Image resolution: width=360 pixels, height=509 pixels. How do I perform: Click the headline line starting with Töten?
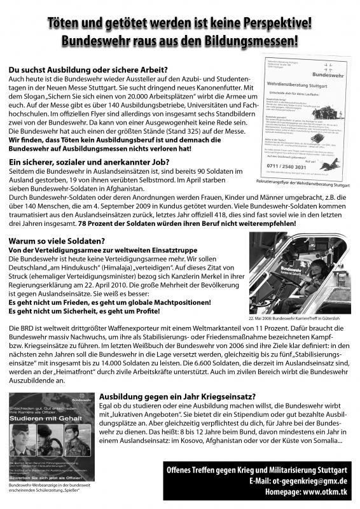point(180,24)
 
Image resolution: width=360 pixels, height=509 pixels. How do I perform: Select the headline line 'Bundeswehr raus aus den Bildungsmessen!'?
point(180,41)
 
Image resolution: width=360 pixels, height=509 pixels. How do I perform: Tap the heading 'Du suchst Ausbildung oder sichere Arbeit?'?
point(88,69)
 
